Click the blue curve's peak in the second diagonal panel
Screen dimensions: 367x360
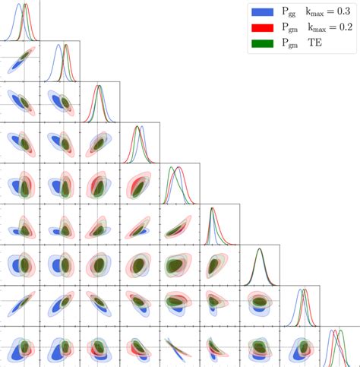(58, 46)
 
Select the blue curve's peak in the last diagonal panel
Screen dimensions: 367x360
(331, 331)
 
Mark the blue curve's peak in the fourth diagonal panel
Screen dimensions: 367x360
(141, 127)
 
